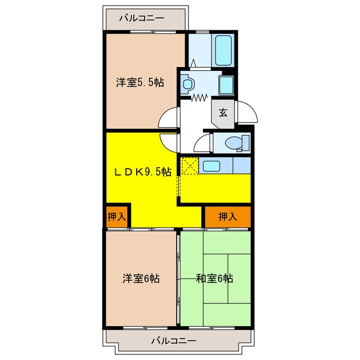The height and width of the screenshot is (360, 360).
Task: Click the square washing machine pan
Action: (x=226, y=85)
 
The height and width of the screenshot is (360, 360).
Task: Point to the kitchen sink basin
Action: (x=211, y=166)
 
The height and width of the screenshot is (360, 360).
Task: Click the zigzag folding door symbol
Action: (x=200, y=97)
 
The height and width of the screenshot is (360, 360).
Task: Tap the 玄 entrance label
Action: (x=223, y=112)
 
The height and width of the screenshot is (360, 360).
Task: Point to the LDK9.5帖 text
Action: (x=143, y=173)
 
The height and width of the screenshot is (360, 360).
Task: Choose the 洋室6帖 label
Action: (x=141, y=278)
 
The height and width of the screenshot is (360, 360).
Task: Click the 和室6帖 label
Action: (x=214, y=278)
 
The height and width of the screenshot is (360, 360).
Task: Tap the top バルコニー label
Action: (x=142, y=18)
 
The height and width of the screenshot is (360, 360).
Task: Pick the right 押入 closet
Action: (x=227, y=217)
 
